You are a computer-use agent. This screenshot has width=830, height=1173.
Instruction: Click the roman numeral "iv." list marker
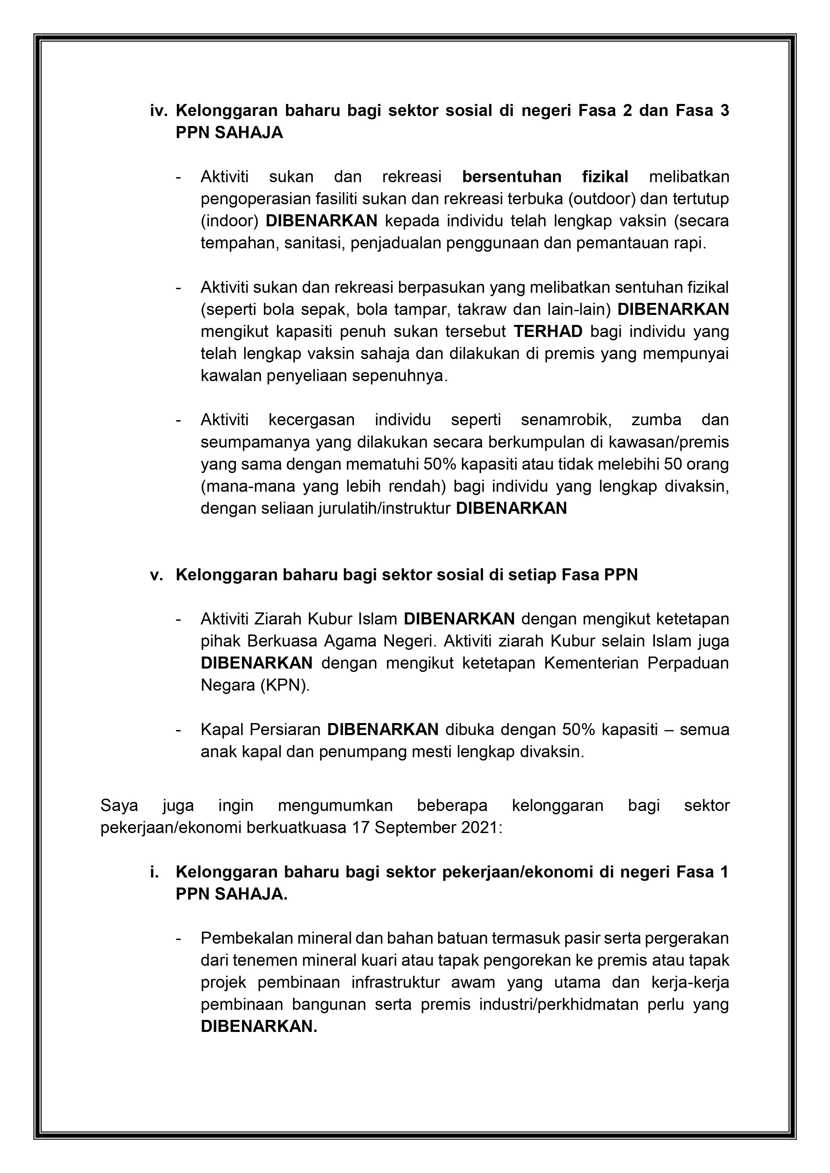pos(160,111)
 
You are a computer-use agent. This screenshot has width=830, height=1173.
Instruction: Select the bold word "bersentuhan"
pos(512,177)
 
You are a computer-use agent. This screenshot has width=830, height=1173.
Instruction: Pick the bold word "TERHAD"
pos(548,332)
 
